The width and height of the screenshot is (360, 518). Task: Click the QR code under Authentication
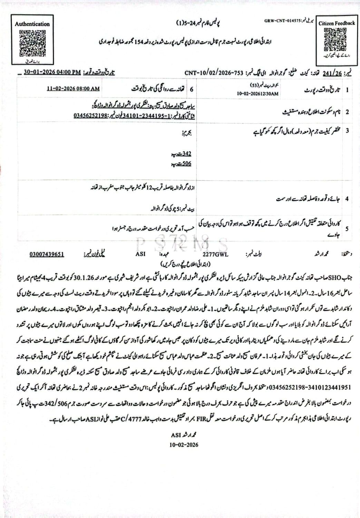click(32, 44)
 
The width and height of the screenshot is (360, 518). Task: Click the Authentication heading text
click(32, 24)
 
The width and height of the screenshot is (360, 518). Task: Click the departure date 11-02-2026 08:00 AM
click(73, 89)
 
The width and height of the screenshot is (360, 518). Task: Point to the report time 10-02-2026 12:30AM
click(258, 94)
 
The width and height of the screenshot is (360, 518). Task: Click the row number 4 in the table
click(347, 199)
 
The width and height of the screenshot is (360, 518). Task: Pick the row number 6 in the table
click(192, 89)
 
